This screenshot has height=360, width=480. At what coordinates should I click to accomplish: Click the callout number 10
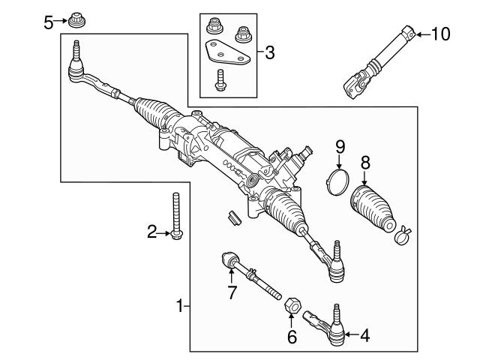tap(440, 34)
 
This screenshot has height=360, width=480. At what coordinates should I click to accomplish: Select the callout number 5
tap(49, 22)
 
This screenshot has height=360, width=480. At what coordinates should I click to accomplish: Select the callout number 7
tap(232, 293)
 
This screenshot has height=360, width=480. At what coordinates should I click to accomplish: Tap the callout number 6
tap(292, 337)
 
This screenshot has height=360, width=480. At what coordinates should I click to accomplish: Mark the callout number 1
tap(180, 305)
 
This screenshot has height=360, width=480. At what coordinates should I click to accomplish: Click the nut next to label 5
tap(75, 19)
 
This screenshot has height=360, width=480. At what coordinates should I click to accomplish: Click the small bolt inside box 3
tap(220, 80)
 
